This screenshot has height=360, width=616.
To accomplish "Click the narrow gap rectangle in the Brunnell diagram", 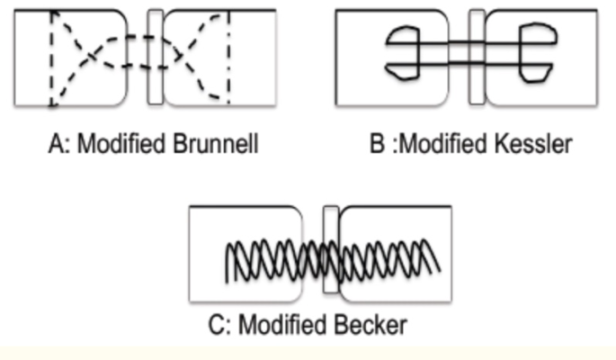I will click(x=156, y=57).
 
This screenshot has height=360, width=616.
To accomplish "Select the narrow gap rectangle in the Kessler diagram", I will click(x=477, y=57).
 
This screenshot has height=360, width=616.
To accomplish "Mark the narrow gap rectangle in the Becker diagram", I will click(x=330, y=250).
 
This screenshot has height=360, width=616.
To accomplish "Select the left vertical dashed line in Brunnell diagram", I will click(x=53, y=58).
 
